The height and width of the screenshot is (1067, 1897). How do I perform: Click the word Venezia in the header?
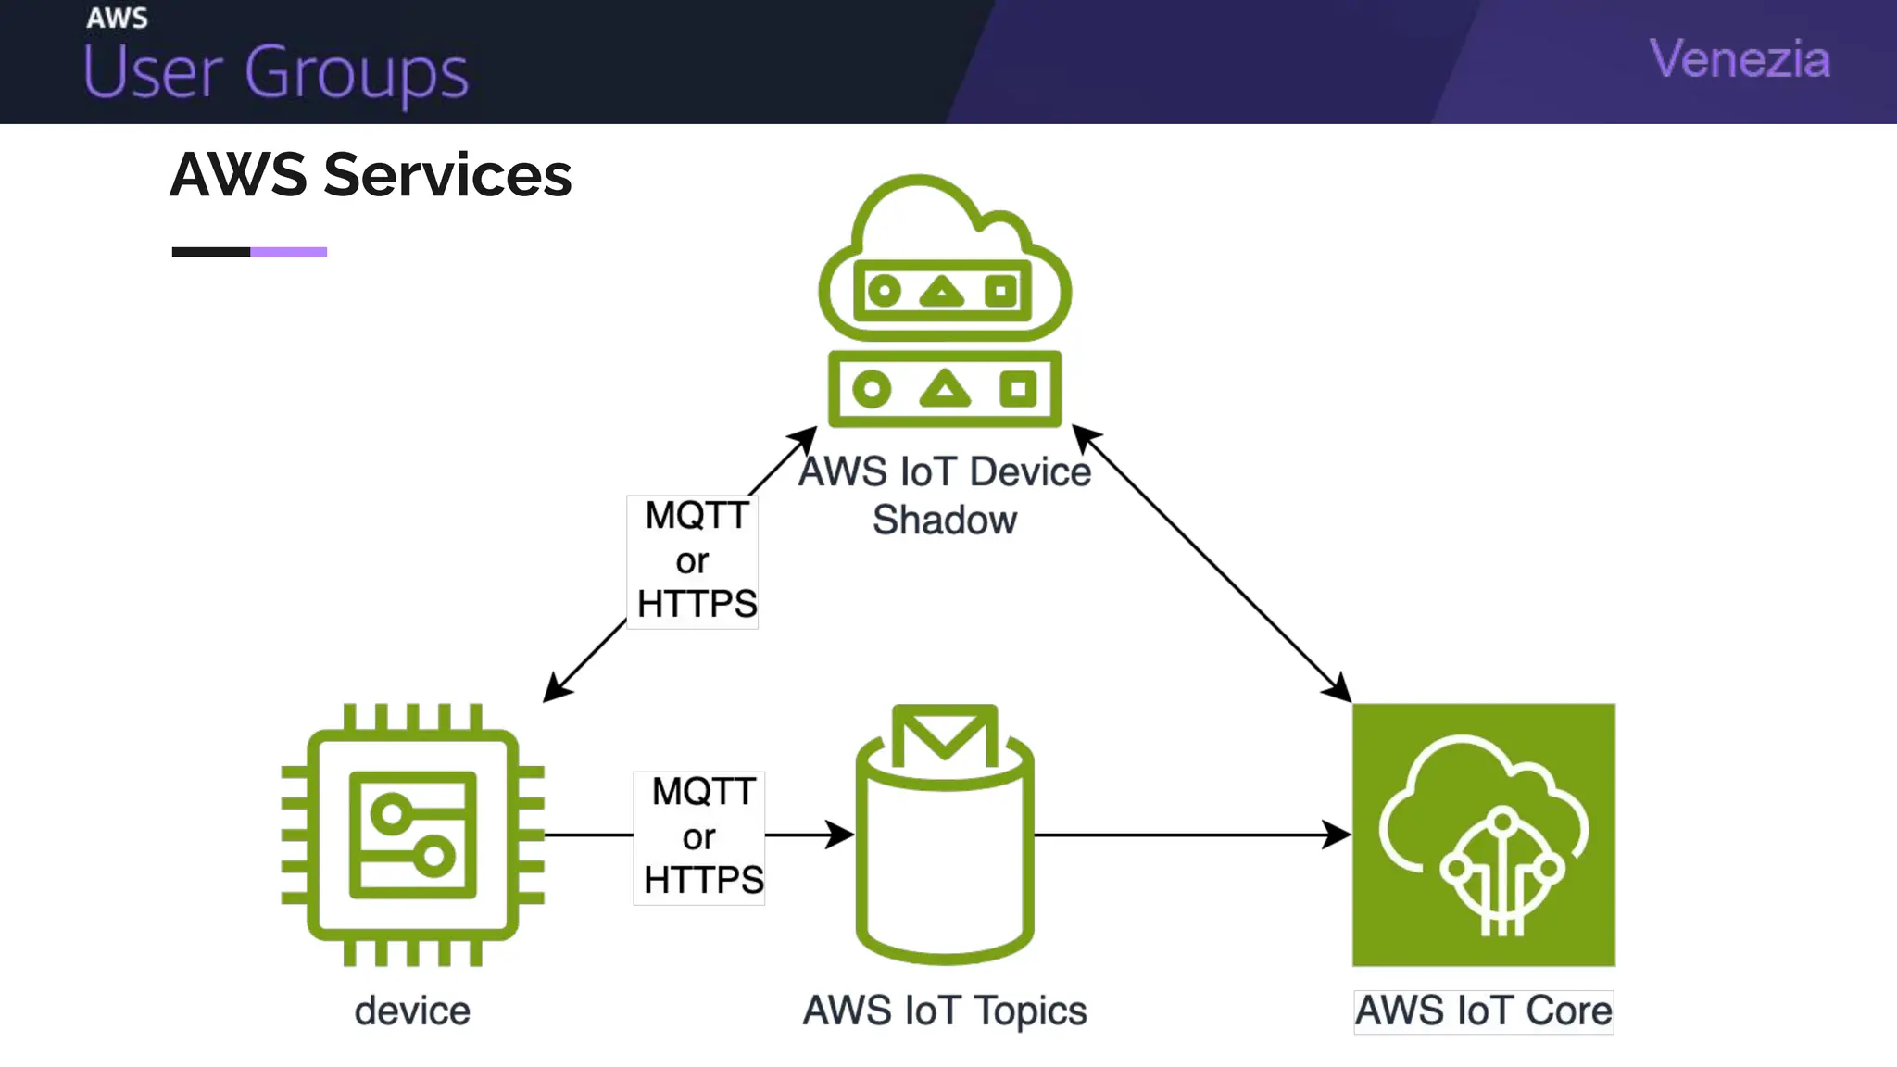click(1740, 59)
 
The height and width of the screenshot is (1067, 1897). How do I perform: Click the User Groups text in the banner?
click(276, 72)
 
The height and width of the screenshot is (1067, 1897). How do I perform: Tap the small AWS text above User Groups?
click(117, 18)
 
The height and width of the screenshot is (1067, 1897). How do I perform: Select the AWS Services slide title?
click(371, 175)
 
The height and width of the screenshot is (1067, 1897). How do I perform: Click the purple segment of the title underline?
click(288, 252)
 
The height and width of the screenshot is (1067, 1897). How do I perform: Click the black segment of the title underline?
click(211, 252)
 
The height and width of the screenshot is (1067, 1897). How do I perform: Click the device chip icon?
click(413, 835)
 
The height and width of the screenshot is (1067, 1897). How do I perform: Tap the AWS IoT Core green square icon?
click(1483, 835)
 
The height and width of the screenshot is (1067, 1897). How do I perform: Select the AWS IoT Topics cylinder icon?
click(944, 861)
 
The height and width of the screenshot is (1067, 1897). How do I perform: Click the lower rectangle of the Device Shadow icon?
click(944, 389)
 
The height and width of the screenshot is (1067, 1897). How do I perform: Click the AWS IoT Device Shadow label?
click(944, 496)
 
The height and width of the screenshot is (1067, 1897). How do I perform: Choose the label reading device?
click(412, 1011)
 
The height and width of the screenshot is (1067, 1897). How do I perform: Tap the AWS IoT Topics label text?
click(944, 1011)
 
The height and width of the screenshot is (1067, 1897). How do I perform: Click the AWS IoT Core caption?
click(1483, 1011)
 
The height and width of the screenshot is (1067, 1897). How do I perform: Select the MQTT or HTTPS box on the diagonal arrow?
click(694, 561)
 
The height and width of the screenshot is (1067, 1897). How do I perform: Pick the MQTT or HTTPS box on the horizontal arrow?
click(700, 836)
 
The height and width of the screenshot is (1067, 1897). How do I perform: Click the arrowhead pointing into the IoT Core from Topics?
click(1337, 835)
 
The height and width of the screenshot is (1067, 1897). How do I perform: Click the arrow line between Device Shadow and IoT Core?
click(1212, 563)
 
